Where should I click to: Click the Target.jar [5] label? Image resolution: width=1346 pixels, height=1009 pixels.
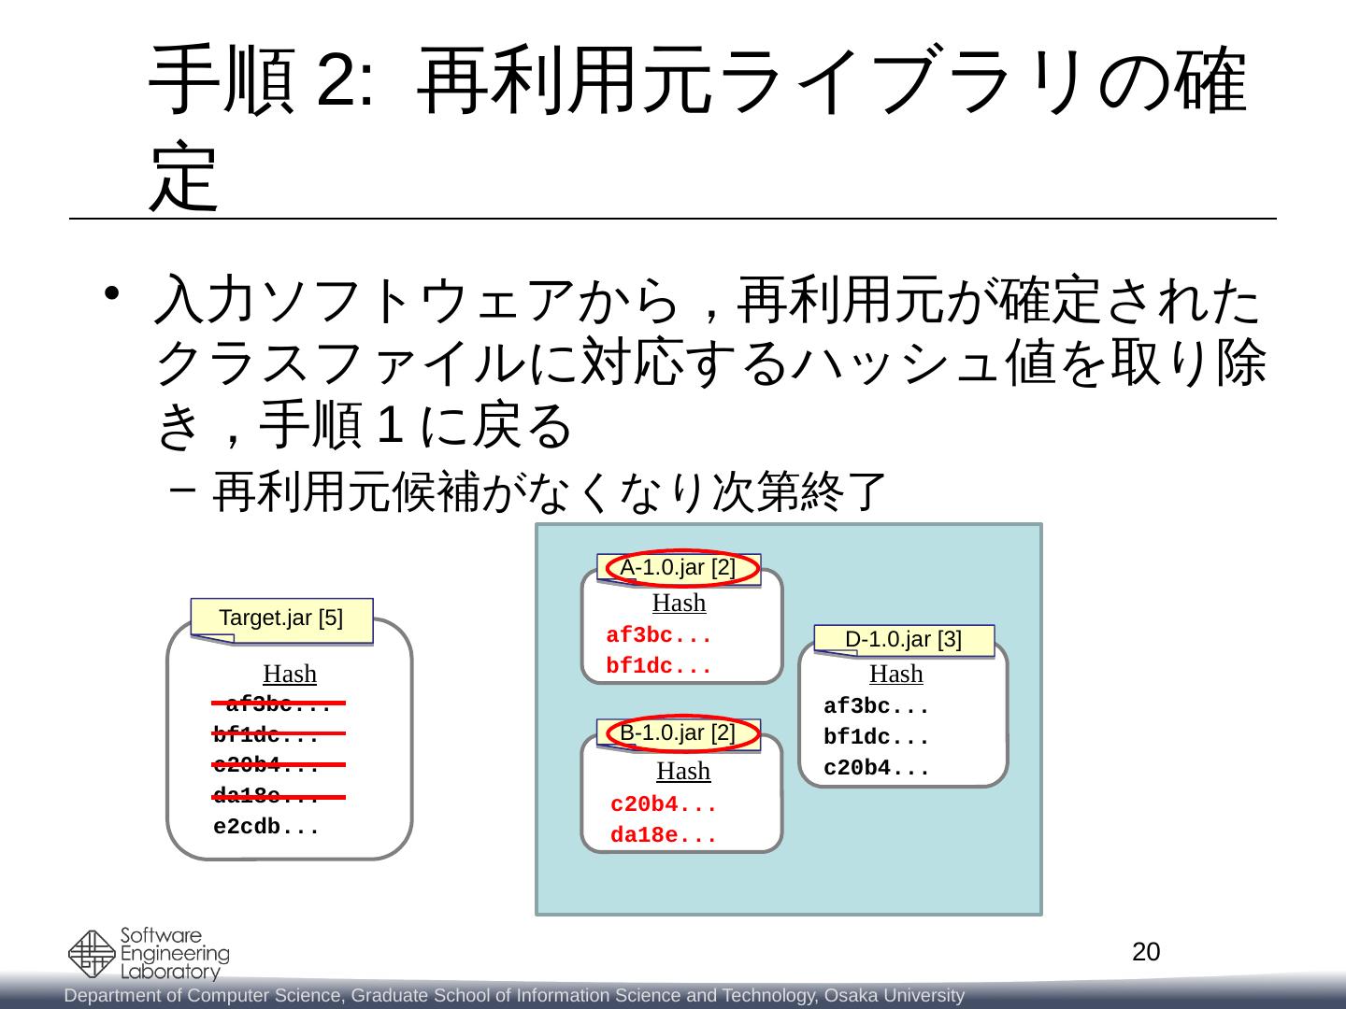point(280,618)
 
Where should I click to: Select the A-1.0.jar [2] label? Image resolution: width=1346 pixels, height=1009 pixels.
point(679,567)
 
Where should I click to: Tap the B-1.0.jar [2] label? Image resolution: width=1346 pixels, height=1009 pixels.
point(679,732)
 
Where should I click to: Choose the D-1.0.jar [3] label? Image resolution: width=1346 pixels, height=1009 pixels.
point(903,640)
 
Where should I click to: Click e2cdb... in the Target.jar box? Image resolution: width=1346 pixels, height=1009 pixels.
point(266,828)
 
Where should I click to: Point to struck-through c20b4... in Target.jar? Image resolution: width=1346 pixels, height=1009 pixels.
point(266,766)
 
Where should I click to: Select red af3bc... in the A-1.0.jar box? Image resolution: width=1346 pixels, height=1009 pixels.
point(659,636)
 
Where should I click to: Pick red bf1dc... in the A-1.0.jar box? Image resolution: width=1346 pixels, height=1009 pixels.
point(659,668)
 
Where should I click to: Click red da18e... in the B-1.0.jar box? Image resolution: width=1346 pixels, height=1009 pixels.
point(663,836)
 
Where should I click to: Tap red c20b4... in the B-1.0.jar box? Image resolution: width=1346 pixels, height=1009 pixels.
point(663,804)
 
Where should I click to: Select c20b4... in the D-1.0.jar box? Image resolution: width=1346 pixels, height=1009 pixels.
point(876,770)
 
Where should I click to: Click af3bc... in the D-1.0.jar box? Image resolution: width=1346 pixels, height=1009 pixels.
point(876,706)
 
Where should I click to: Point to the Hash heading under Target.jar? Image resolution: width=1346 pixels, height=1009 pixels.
point(290,674)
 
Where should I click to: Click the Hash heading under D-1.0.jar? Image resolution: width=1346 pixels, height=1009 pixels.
point(895,674)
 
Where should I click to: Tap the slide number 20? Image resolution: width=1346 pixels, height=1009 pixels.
point(1146,952)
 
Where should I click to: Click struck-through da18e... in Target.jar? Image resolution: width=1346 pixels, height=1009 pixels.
point(266,797)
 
